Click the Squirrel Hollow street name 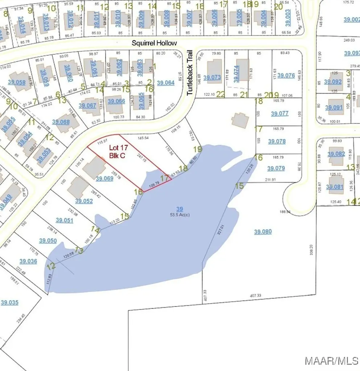154,43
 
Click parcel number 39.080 263,232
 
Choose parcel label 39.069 105,178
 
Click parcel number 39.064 166,83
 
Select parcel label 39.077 280,113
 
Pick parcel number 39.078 277,141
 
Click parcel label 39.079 276,168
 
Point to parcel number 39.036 28,261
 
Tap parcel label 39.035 9,303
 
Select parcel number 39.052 84,201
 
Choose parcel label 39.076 286,75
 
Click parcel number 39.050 48,241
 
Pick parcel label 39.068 61,122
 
